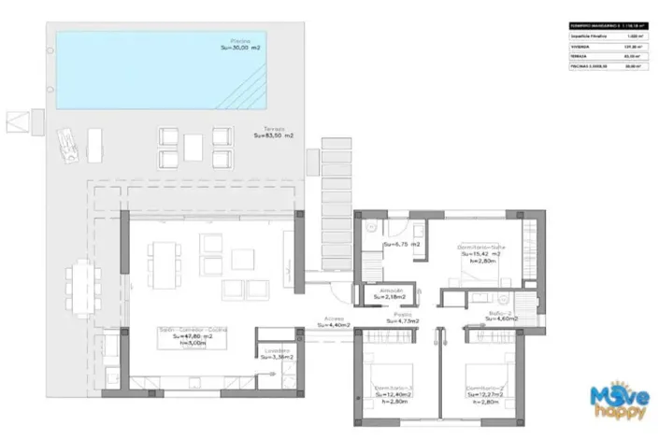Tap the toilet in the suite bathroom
pyautogui.click(x=371, y=227)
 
